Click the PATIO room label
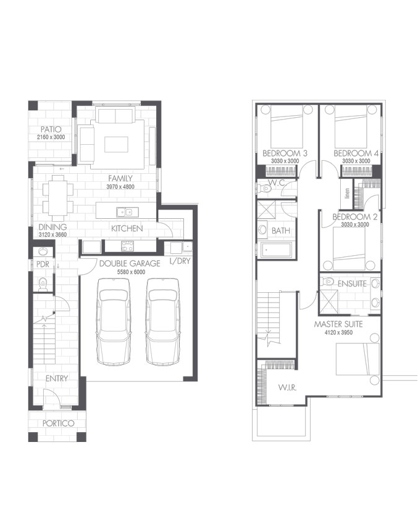51,129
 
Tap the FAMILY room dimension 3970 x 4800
120,187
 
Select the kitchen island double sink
127,212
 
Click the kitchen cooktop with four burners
127,246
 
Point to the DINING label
52,227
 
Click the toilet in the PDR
43,284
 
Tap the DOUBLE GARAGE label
130,263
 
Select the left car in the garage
114,321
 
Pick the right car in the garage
162,321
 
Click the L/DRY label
180,261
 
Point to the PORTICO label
58,423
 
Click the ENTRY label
57,378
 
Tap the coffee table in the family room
116,144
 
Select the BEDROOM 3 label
285,153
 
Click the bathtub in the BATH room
276,250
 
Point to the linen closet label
347,193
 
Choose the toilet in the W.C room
264,189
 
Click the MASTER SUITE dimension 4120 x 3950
338,332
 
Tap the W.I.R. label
287,387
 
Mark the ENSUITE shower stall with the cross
328,301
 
